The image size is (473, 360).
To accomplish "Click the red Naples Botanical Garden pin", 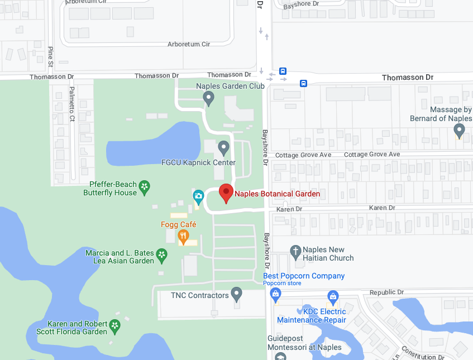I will point(225,193).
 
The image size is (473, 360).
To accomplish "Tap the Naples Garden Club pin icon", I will point(209,99).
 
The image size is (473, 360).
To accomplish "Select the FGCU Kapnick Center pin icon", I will point(223,148).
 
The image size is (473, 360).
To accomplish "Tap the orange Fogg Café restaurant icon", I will point(183,237).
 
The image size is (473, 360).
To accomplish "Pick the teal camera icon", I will point(198,196).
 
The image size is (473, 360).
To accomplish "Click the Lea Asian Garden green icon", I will point(162,256).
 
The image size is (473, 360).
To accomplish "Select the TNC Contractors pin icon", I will point(237,293).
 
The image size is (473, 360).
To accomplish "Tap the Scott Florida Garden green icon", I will point(115,325).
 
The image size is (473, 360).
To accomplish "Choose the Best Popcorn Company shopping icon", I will point(271,292).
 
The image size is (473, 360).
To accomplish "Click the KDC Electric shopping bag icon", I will point(333,296).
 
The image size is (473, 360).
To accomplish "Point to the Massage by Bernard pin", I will point(460,131).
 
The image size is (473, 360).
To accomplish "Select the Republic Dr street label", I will point(386,292).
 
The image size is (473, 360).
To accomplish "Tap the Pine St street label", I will point(50,56).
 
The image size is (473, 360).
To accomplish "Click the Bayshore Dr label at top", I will point(300,4).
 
